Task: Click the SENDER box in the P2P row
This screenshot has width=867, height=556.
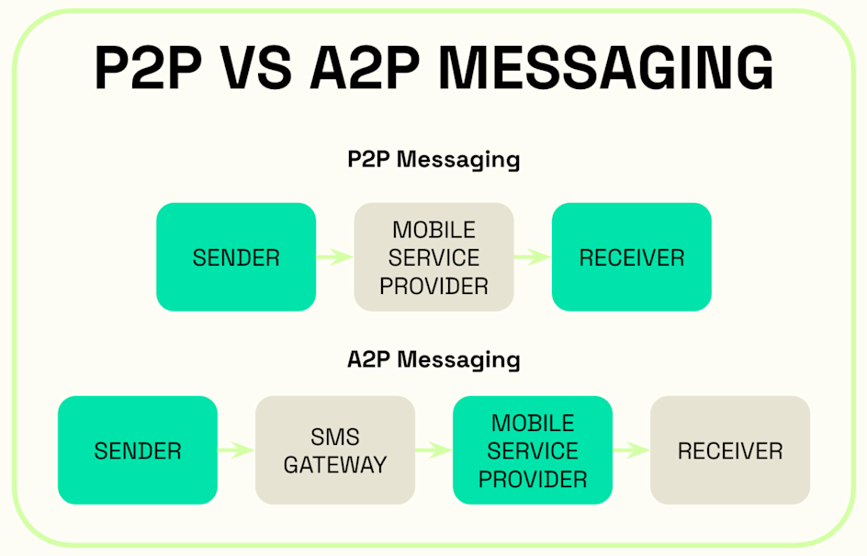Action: click(x=236, y=257)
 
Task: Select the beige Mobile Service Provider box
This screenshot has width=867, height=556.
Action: click(x=434, y=257)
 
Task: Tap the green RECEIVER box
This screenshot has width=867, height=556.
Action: click(x=632, y=257)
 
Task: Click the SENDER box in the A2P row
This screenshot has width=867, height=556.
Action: click(x=138, y=450)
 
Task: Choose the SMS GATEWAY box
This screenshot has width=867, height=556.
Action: click(x=335, y=450)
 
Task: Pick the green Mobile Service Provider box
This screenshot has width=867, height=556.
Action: click(x=533, y=450)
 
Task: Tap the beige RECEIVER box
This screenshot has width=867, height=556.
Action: click(x=730, y=450)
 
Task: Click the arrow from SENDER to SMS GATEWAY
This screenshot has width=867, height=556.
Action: click(x=236, y=450)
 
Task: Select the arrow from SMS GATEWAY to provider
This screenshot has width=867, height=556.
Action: click(x=433, y=450)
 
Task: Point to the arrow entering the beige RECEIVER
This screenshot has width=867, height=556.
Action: click(x=631, y=450)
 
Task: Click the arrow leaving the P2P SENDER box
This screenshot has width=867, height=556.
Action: click(x=335, y=257)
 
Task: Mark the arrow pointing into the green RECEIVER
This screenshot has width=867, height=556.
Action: click(x=533, y=257)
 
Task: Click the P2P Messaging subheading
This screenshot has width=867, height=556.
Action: click(x=433, y=160)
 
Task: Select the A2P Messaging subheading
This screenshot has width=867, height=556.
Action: click(x=433, y=359)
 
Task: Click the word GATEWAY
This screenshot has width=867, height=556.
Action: click(x=335, y=465)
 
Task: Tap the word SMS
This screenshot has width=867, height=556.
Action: click(x=335, y=437)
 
